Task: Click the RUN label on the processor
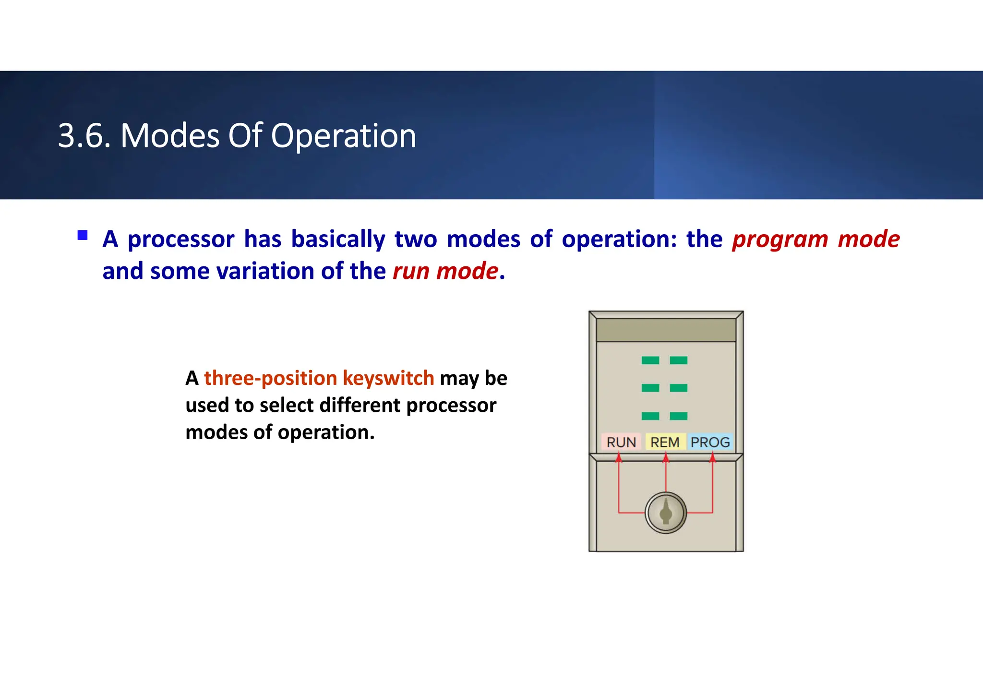pos(621,442)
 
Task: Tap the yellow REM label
pos(665,442)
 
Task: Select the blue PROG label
pos(710,442)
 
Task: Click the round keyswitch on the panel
pos(666,513)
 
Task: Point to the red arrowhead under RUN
pos(619,458)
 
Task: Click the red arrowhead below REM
pos(666,458)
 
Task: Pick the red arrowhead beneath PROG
pos(713,458)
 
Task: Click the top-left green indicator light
pos(650,360)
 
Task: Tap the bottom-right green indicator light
pos(679,416)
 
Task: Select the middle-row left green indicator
pos(650,388)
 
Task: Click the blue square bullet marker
pos(83,235)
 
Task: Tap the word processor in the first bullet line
pos(181,239)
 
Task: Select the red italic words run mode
pos(445,271)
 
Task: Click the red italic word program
pos(780,239)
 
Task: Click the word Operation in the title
pos(343,136)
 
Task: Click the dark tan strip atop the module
pos(666,330)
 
